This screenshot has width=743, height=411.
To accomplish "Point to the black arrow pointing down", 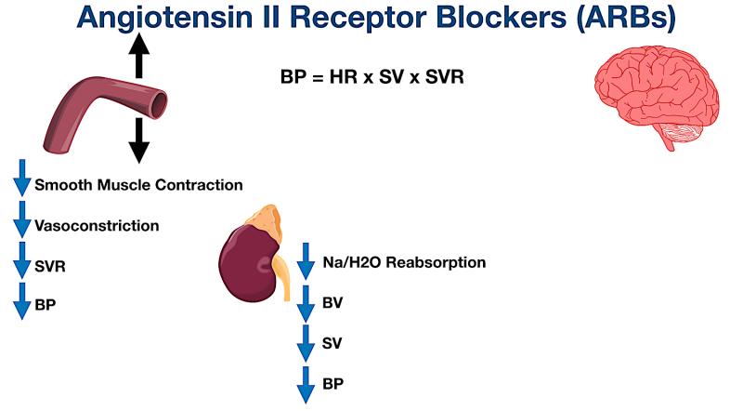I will coord(138,140).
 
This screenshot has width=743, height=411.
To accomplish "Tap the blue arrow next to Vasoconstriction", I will coord(21,224).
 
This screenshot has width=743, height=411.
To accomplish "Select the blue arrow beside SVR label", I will coord(21,264).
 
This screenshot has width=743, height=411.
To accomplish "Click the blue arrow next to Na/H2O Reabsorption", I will coord(306,261).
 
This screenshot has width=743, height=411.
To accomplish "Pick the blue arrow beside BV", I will coord(306,302).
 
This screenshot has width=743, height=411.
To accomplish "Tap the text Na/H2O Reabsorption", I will coord(404,262).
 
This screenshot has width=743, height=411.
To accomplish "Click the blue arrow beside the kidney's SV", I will coord(306,344).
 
